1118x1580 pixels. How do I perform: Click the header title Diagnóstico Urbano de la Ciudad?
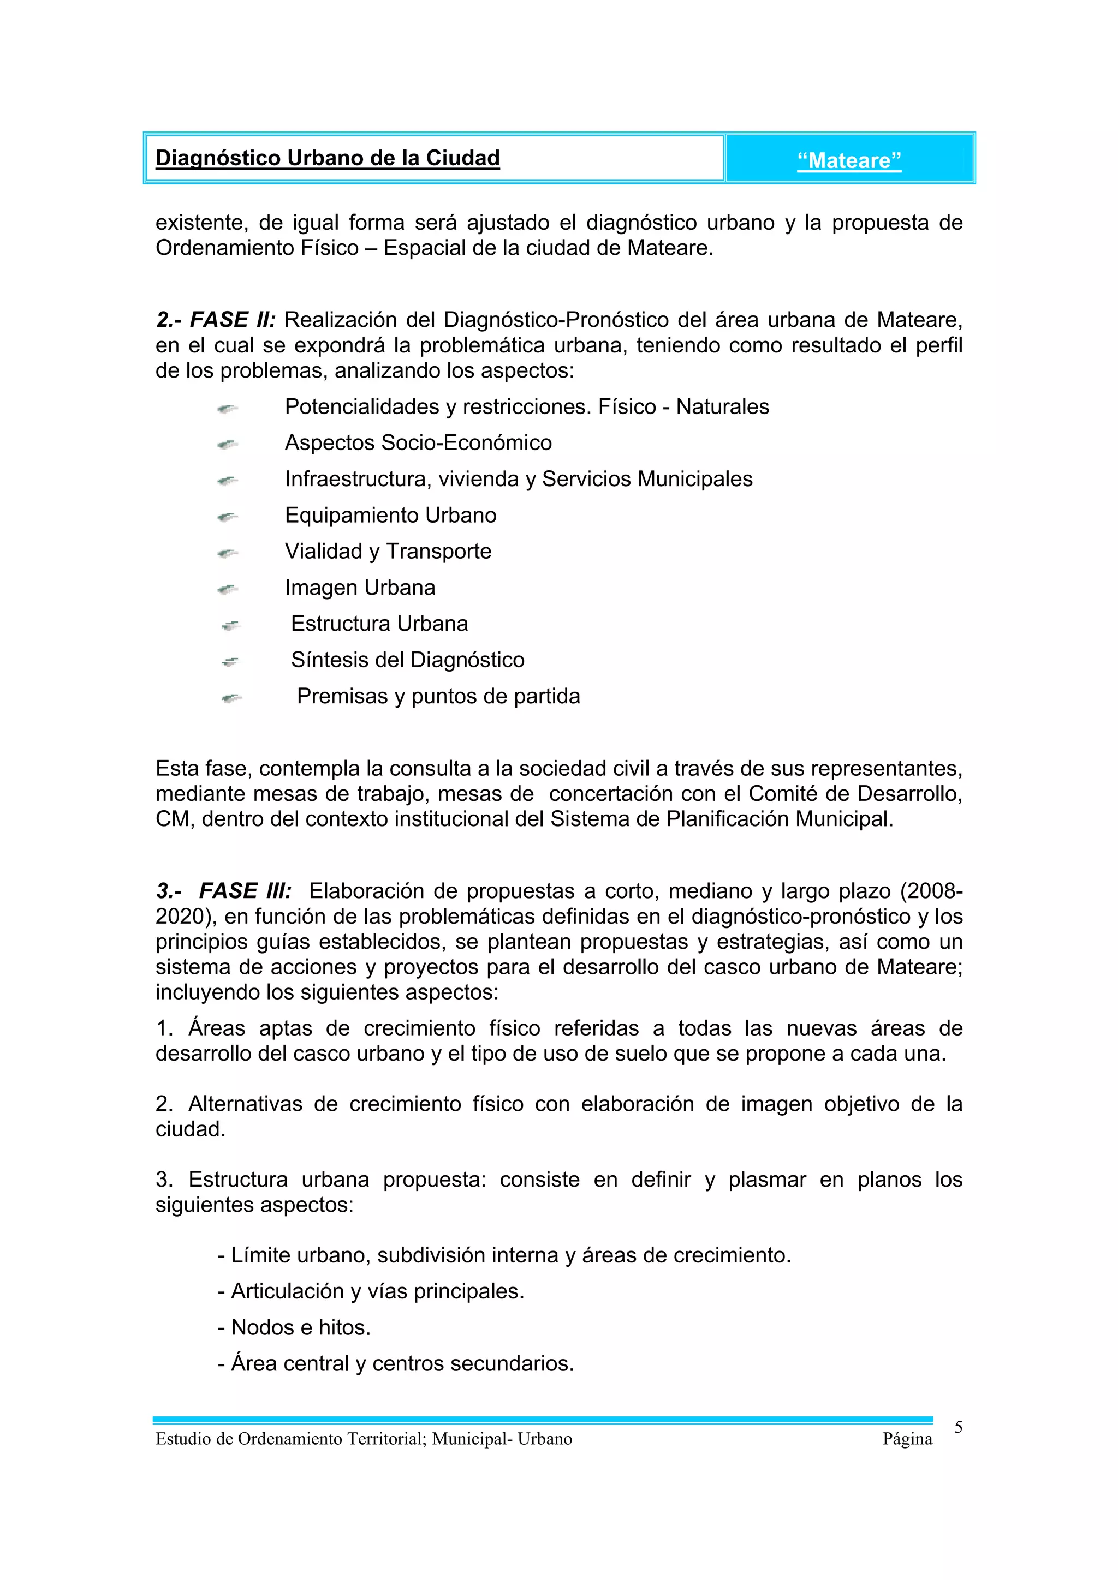click(328, 158)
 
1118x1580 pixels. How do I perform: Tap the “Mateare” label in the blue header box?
click(849, 161)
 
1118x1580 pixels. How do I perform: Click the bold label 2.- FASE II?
click(216, 320)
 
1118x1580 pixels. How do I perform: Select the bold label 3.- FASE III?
click(224, 891)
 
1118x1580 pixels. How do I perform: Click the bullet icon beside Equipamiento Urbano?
click(227, 516)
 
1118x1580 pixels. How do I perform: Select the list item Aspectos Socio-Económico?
click(418, 442)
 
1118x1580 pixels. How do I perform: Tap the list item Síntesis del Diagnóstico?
click(408, 660)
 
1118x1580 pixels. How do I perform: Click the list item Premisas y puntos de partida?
click(438, 696)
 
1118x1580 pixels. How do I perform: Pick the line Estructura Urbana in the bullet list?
click(379, 624)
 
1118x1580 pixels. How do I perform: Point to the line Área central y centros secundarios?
click(396, 1363)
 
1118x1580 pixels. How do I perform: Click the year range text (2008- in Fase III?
click(931, 891)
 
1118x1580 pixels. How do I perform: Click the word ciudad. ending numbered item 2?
click(191, 1129)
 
